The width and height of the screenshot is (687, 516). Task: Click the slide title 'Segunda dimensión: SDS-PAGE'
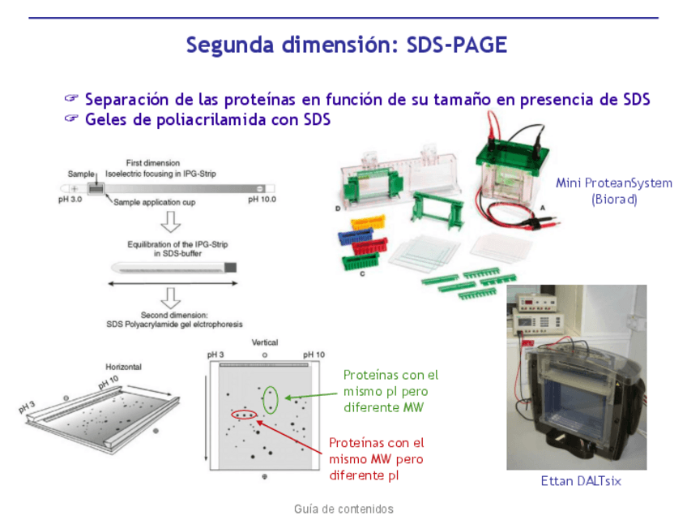(347, 45)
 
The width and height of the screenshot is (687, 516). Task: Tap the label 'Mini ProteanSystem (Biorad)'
(614, 191)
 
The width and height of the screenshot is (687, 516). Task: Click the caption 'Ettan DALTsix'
(581, 481)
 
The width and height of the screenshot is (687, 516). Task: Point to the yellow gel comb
(368, 222)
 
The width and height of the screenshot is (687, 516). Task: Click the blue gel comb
(356, 236)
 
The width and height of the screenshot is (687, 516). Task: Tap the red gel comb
(370, 246)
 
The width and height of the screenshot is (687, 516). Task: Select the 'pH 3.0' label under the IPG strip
(70, 200)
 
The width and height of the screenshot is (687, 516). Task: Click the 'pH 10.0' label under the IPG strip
(262, 200)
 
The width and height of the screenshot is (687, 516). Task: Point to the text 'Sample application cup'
(154, 202)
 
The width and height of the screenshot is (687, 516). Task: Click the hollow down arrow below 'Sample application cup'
(170, 222)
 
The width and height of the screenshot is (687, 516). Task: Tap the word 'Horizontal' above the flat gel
(124, 367)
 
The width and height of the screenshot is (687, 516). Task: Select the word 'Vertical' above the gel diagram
(265, 342)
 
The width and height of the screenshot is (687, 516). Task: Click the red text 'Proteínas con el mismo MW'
(377, 451)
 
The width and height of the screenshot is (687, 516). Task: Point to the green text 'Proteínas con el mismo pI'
(390, 383)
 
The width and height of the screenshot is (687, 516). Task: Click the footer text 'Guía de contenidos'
(343, 509)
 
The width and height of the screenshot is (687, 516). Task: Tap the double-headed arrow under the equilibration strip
(173, 284)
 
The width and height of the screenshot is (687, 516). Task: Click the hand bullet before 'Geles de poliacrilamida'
(71, 118)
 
